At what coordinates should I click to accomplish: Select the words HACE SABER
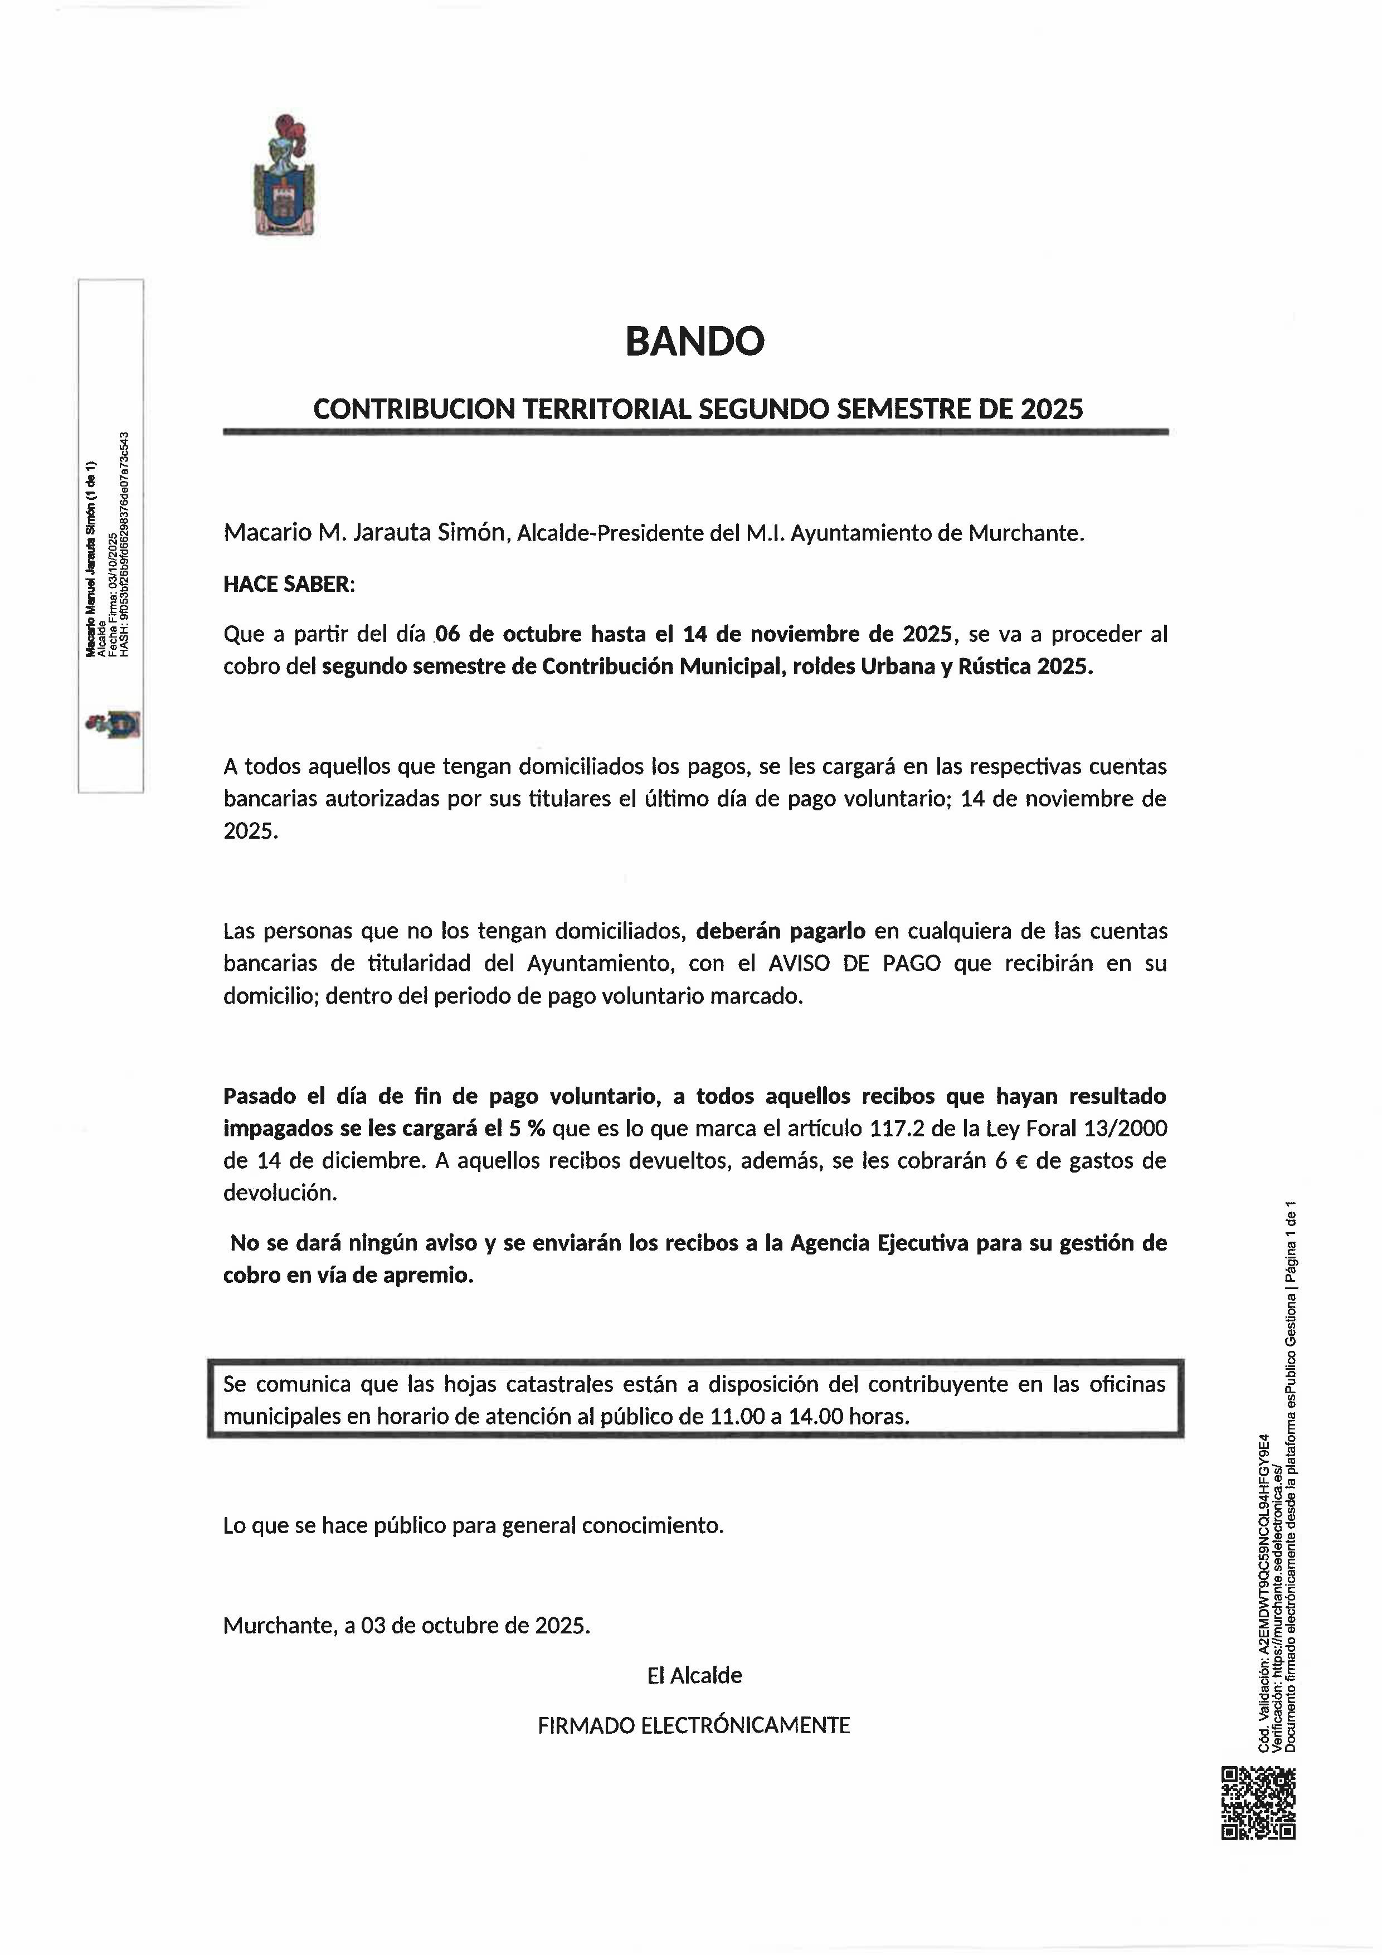pyautogui.click(x=287, y=584)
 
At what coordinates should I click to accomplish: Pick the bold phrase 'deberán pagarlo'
pyautogui.click(x=780, y=931)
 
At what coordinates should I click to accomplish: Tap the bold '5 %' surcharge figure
pyautogui.click(x=526, y=1128)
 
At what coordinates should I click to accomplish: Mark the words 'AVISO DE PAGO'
pyautogui.click(x=854, y=963)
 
